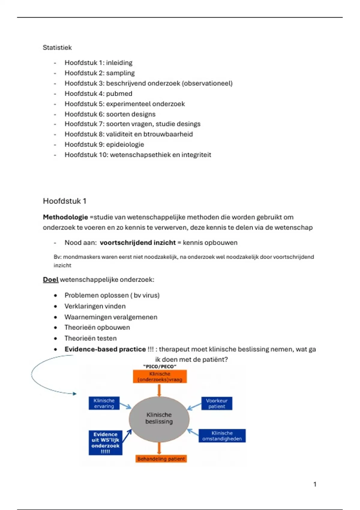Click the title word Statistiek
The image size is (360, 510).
[57, 47]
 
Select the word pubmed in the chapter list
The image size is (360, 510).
[119, 94]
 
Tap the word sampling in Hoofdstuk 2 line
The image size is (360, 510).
[120, 73]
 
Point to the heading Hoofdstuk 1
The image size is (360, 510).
[64, 201]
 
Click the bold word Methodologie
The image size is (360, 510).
[65, 217]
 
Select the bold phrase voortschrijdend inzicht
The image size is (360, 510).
[138, 243]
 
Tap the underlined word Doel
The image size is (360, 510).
[50, 280]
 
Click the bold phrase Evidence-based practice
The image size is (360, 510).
[105, 349]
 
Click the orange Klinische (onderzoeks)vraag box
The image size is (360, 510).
[160, 376]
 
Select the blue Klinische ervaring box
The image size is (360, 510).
[104, 403]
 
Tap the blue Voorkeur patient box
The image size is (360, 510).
[217, 403]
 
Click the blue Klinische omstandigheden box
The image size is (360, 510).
[222, 436]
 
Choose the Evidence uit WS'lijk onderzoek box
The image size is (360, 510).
[105, 443]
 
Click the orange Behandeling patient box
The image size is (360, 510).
[161, 459]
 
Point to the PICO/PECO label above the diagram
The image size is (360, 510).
[160, 366]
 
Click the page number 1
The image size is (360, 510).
[315, 484]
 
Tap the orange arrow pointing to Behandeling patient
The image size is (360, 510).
[159, 448]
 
